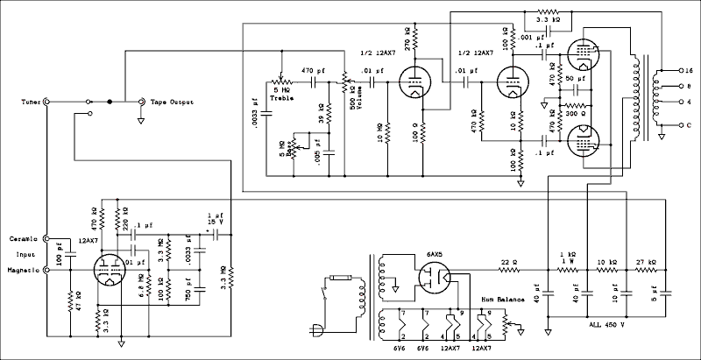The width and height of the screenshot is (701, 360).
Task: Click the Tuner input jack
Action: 46,102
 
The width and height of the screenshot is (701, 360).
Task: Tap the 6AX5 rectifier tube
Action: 435,279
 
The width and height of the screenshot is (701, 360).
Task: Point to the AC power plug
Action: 313,331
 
